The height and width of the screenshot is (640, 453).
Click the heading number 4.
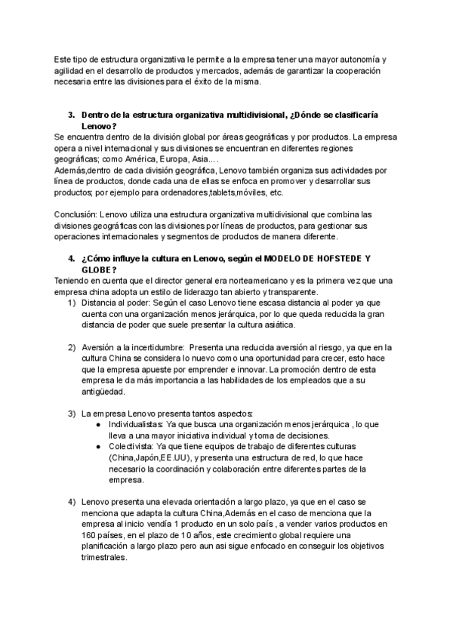point(71,259)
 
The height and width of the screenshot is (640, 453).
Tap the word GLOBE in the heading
point(96,269)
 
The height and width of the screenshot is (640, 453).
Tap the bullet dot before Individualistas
point(100,425)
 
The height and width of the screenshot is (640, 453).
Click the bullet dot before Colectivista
point(100,446)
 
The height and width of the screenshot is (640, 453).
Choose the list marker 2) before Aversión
point(71,347)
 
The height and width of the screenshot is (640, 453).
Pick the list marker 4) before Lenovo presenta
point(71,502)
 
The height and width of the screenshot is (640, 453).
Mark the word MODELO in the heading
point(285,259)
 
